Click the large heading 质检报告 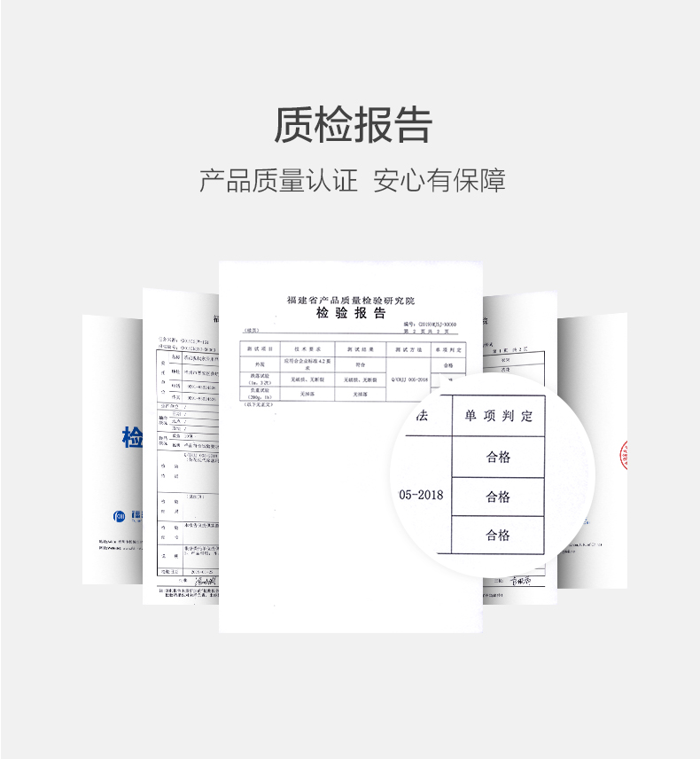click(352, 125)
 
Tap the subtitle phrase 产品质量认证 click(278, 181)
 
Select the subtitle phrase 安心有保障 click(439, 181)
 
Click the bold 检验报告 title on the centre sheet click(352, 314)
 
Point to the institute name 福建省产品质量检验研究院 click(351, 301)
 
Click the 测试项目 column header click(261, 348)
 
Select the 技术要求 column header click(307, 348)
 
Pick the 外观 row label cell click(261, 364)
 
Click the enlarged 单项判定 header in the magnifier click(497, 416)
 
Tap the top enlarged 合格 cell click(497, 458)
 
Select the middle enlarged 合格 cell click(497, 497)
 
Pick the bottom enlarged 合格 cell click(497, 535)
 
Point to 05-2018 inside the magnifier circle click(422, 495)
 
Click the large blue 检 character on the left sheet click(133, 437)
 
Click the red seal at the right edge click(623, 453)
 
